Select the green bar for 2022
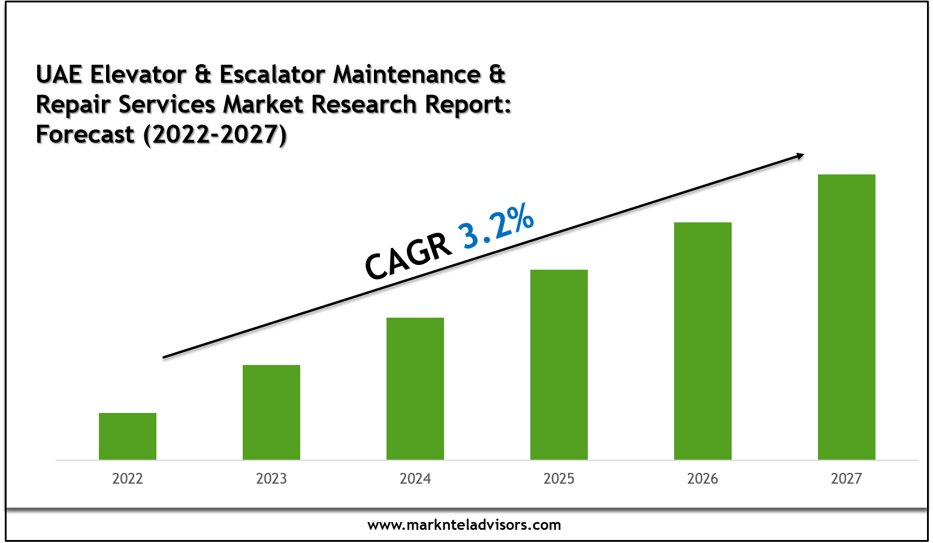click(x=128, y=436)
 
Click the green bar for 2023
click(x=271, y=412)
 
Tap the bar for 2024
click(x=415, y=388)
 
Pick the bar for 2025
click(x=559, y=364)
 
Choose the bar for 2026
click(x=703, y=340)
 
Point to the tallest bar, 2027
click(x=847, y=316)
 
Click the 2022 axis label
click(x=128, y=479)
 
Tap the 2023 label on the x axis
click(x=271, y=479)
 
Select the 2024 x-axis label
click(x=415, y=479)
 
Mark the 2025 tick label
click(x=559, y=479)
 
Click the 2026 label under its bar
click(x=703, y=479)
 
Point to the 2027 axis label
click(x=847, y=479)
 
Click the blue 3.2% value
click(x=496, y=225)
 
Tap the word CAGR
click(x=408, y=257)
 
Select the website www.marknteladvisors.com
click(x=464, y=526)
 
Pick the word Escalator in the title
click(x=273, y=75)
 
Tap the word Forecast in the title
click(x=85, y=134)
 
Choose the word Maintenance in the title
click(x=407, y=75)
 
